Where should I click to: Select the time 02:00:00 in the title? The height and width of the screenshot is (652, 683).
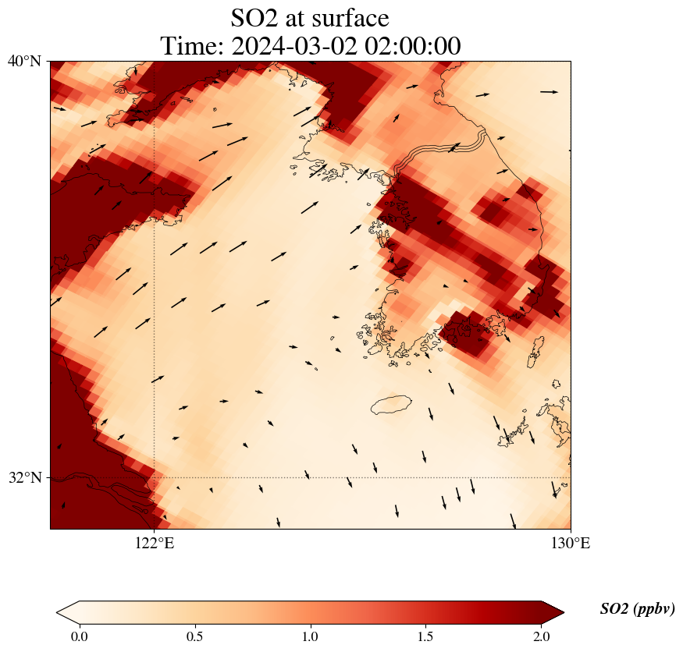[414, 46]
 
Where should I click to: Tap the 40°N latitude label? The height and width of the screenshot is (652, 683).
[24, 61]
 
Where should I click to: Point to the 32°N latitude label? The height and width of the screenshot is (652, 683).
[24, 477]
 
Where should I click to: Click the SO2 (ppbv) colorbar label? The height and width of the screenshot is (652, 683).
[637, 609]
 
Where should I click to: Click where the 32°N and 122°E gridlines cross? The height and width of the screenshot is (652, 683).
[155, 477]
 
